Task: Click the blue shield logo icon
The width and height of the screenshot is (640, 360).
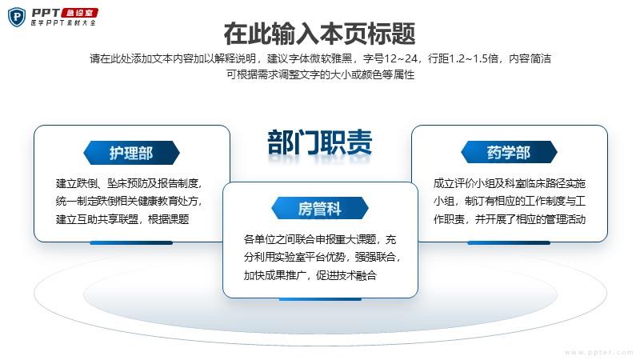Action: (17, 17)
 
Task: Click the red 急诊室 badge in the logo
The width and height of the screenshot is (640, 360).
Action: (79, 13)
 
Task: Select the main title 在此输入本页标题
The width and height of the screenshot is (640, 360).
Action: (319, 34)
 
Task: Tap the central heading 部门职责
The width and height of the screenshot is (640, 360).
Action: (320, 142)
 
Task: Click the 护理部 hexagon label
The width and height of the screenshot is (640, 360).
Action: (131, 153)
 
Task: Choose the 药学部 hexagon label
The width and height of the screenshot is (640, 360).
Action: (509, 152)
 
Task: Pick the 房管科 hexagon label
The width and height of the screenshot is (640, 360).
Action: (320, 209)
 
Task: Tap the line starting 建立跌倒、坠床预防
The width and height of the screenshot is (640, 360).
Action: (129, 183)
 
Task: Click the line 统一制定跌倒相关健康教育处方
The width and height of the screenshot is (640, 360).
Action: (129, 201)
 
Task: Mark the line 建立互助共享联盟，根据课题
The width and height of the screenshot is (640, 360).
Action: (122, 219)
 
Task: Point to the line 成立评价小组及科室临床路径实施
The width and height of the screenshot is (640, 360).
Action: (510, 183)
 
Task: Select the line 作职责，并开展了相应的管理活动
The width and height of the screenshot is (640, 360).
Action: (510, 219)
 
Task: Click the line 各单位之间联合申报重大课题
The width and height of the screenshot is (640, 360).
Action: (320, 239)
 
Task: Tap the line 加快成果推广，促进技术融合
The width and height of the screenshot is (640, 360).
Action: (310, 275)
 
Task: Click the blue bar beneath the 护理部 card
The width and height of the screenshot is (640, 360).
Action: (131, 243)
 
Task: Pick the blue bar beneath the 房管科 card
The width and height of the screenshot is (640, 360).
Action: (321, 299)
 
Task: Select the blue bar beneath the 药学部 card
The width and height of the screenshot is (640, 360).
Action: (509, 243)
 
